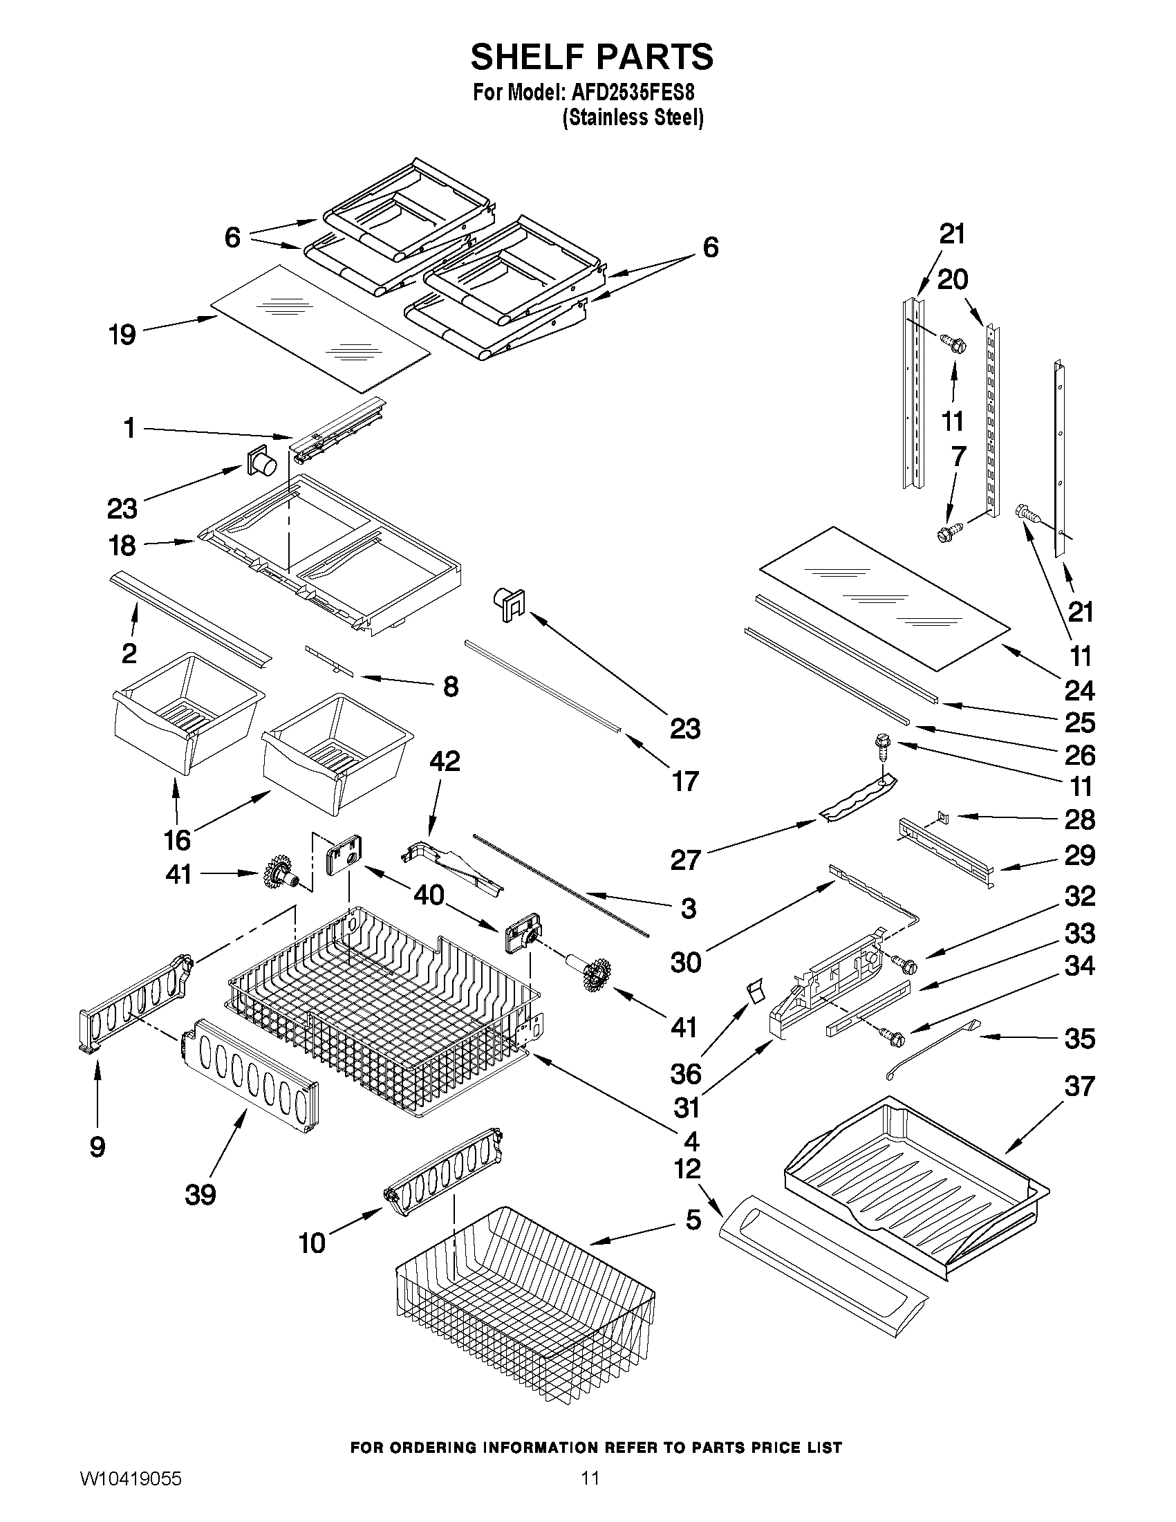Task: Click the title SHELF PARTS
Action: coord(592,57)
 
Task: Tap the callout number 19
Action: coord(122,335)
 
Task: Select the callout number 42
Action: coord(445,761)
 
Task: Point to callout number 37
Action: coord(1079,1086)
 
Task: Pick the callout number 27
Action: coord(685,860)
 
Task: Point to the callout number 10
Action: coord(312,1243)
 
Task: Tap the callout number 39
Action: coord(200,1195)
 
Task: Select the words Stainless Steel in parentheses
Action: coord(633,118)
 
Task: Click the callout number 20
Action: coord(953,280)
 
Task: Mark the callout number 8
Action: coord(451,687)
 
